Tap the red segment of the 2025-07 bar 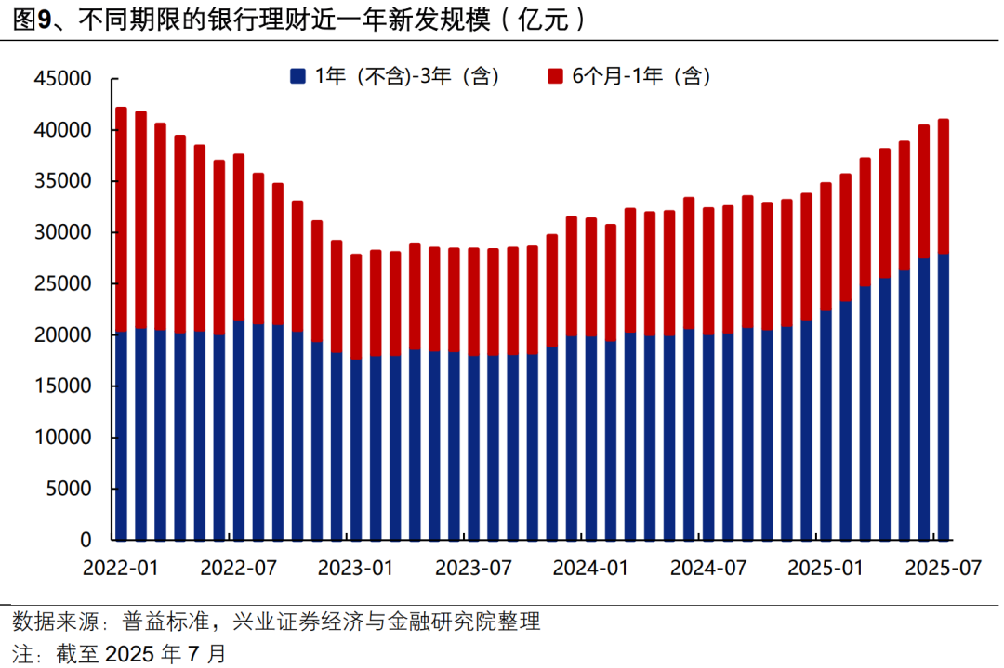[x=944, y=186]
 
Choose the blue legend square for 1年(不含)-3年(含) [x=297, y=77]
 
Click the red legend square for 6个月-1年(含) [x=555, y=77]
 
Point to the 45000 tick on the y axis [x=64, y=79]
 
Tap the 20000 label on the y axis [x=64, y=335]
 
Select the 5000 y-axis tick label [x=70, y=489]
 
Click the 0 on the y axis [x=86, y=540]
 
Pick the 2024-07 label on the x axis [x=708, y=567]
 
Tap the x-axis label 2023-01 [x=355, y=567]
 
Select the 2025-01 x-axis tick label [x=826, y=567]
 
